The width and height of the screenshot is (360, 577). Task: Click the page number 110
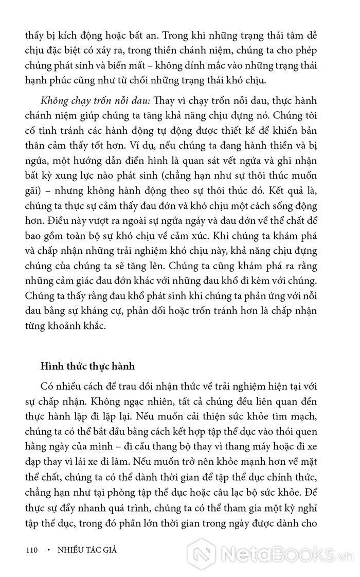tap(32, 550)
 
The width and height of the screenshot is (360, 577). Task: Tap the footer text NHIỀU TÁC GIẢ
tap(87, 550)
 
